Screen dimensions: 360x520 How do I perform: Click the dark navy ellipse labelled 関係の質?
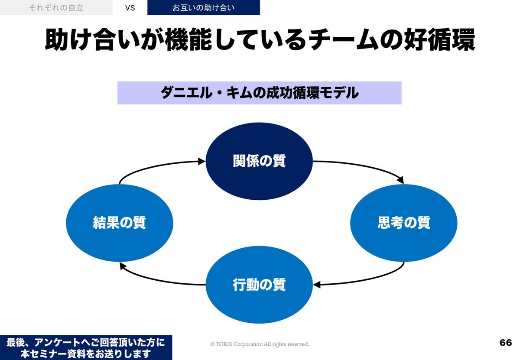tap(259, 161)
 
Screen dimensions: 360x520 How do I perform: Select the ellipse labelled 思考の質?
tap(403, 223)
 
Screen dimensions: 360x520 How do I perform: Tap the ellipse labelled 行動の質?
tap(259, 284)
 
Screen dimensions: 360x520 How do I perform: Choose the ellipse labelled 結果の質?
tap(120, 223)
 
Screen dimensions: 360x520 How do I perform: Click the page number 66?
tap(505, 343)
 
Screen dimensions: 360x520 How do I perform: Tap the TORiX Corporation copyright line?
tap(260, 344)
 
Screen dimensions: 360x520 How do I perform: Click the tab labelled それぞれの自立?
tap(56, 7)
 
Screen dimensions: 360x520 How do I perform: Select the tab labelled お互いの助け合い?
tap(204, 7)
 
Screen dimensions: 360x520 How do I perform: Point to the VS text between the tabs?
tap(130, 8)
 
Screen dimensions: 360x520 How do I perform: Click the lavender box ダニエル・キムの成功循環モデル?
tap(259, 93)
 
